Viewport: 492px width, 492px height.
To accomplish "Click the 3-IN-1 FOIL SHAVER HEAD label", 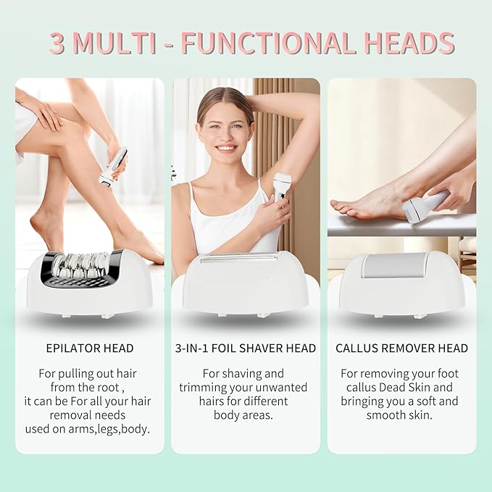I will (246, 349).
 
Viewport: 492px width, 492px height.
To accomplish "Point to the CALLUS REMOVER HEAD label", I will (401, 349).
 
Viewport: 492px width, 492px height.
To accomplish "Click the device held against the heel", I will (425, 207).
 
